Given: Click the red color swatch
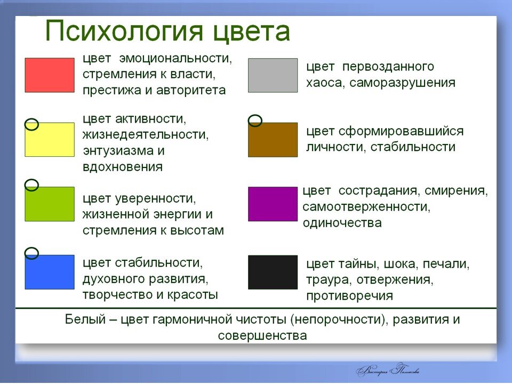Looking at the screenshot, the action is coord(50,75).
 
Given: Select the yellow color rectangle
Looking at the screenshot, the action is coord(50,140).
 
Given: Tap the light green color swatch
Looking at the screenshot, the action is coord(50,204).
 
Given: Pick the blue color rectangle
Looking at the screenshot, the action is coord(50,272).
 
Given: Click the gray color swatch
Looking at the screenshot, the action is coord(273,75).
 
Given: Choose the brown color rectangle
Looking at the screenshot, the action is coord(273,140).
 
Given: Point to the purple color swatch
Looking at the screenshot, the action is coord(273,204).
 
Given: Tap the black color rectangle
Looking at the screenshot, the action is coord(273,273).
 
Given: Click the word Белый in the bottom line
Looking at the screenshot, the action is coord(85,319).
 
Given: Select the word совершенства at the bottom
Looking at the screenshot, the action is coord(262,335).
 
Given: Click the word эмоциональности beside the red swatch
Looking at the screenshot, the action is coord(175,59).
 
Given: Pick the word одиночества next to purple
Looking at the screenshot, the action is coord(342,223).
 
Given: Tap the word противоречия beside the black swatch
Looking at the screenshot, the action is coord(349,296).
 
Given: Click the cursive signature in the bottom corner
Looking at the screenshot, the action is coord(388,370).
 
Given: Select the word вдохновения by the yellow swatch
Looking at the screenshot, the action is coord(123,167).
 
